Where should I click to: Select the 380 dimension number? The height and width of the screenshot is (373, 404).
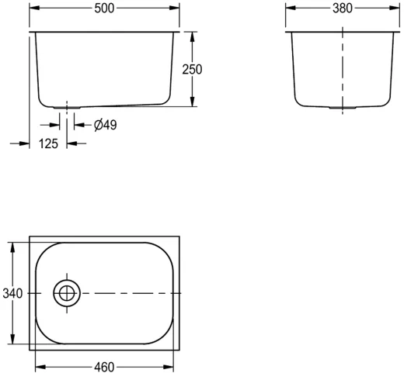click(342, 9)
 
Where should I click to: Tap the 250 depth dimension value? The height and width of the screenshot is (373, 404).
click(192, 69)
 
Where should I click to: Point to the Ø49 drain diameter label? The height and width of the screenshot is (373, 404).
click(105, 124)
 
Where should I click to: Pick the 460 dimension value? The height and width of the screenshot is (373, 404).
click(104, 365)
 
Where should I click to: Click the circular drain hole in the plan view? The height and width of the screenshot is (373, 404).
click(66, 293)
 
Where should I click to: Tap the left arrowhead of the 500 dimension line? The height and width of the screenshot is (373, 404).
click(33, 9)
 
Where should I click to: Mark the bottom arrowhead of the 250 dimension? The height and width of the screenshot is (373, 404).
click(192, 104)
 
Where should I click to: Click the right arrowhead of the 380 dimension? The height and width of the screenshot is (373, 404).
click(395, 9)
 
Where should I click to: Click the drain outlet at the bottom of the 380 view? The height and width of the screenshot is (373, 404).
click(342, 108)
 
